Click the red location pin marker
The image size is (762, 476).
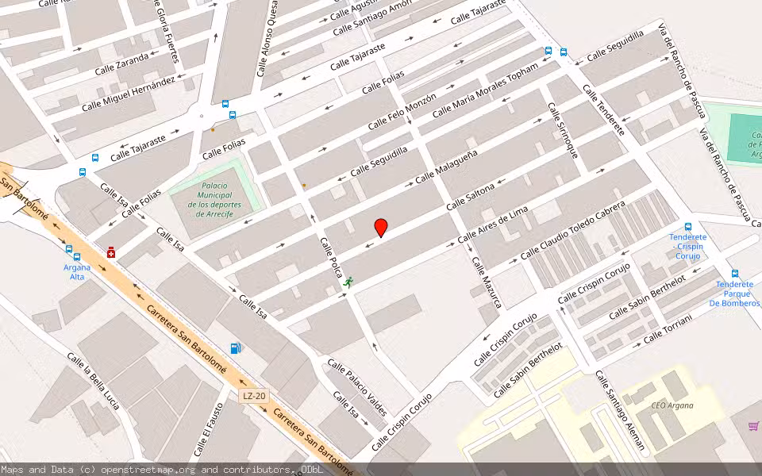[x=381, y=228]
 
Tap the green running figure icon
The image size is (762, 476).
[x=348, y=282]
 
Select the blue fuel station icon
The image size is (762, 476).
[x=235, y=348]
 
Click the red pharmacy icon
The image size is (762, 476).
[x=111, y=252]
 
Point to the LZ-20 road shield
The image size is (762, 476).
[x=254, y=396]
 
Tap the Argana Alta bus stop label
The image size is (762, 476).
[x=77, y=272]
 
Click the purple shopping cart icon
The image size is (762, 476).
[x=753, y=426]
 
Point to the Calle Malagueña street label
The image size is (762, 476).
[x=446, y=167]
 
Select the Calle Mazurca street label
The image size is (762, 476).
[x=487, y=282]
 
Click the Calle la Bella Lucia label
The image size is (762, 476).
[x=93, y=382]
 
